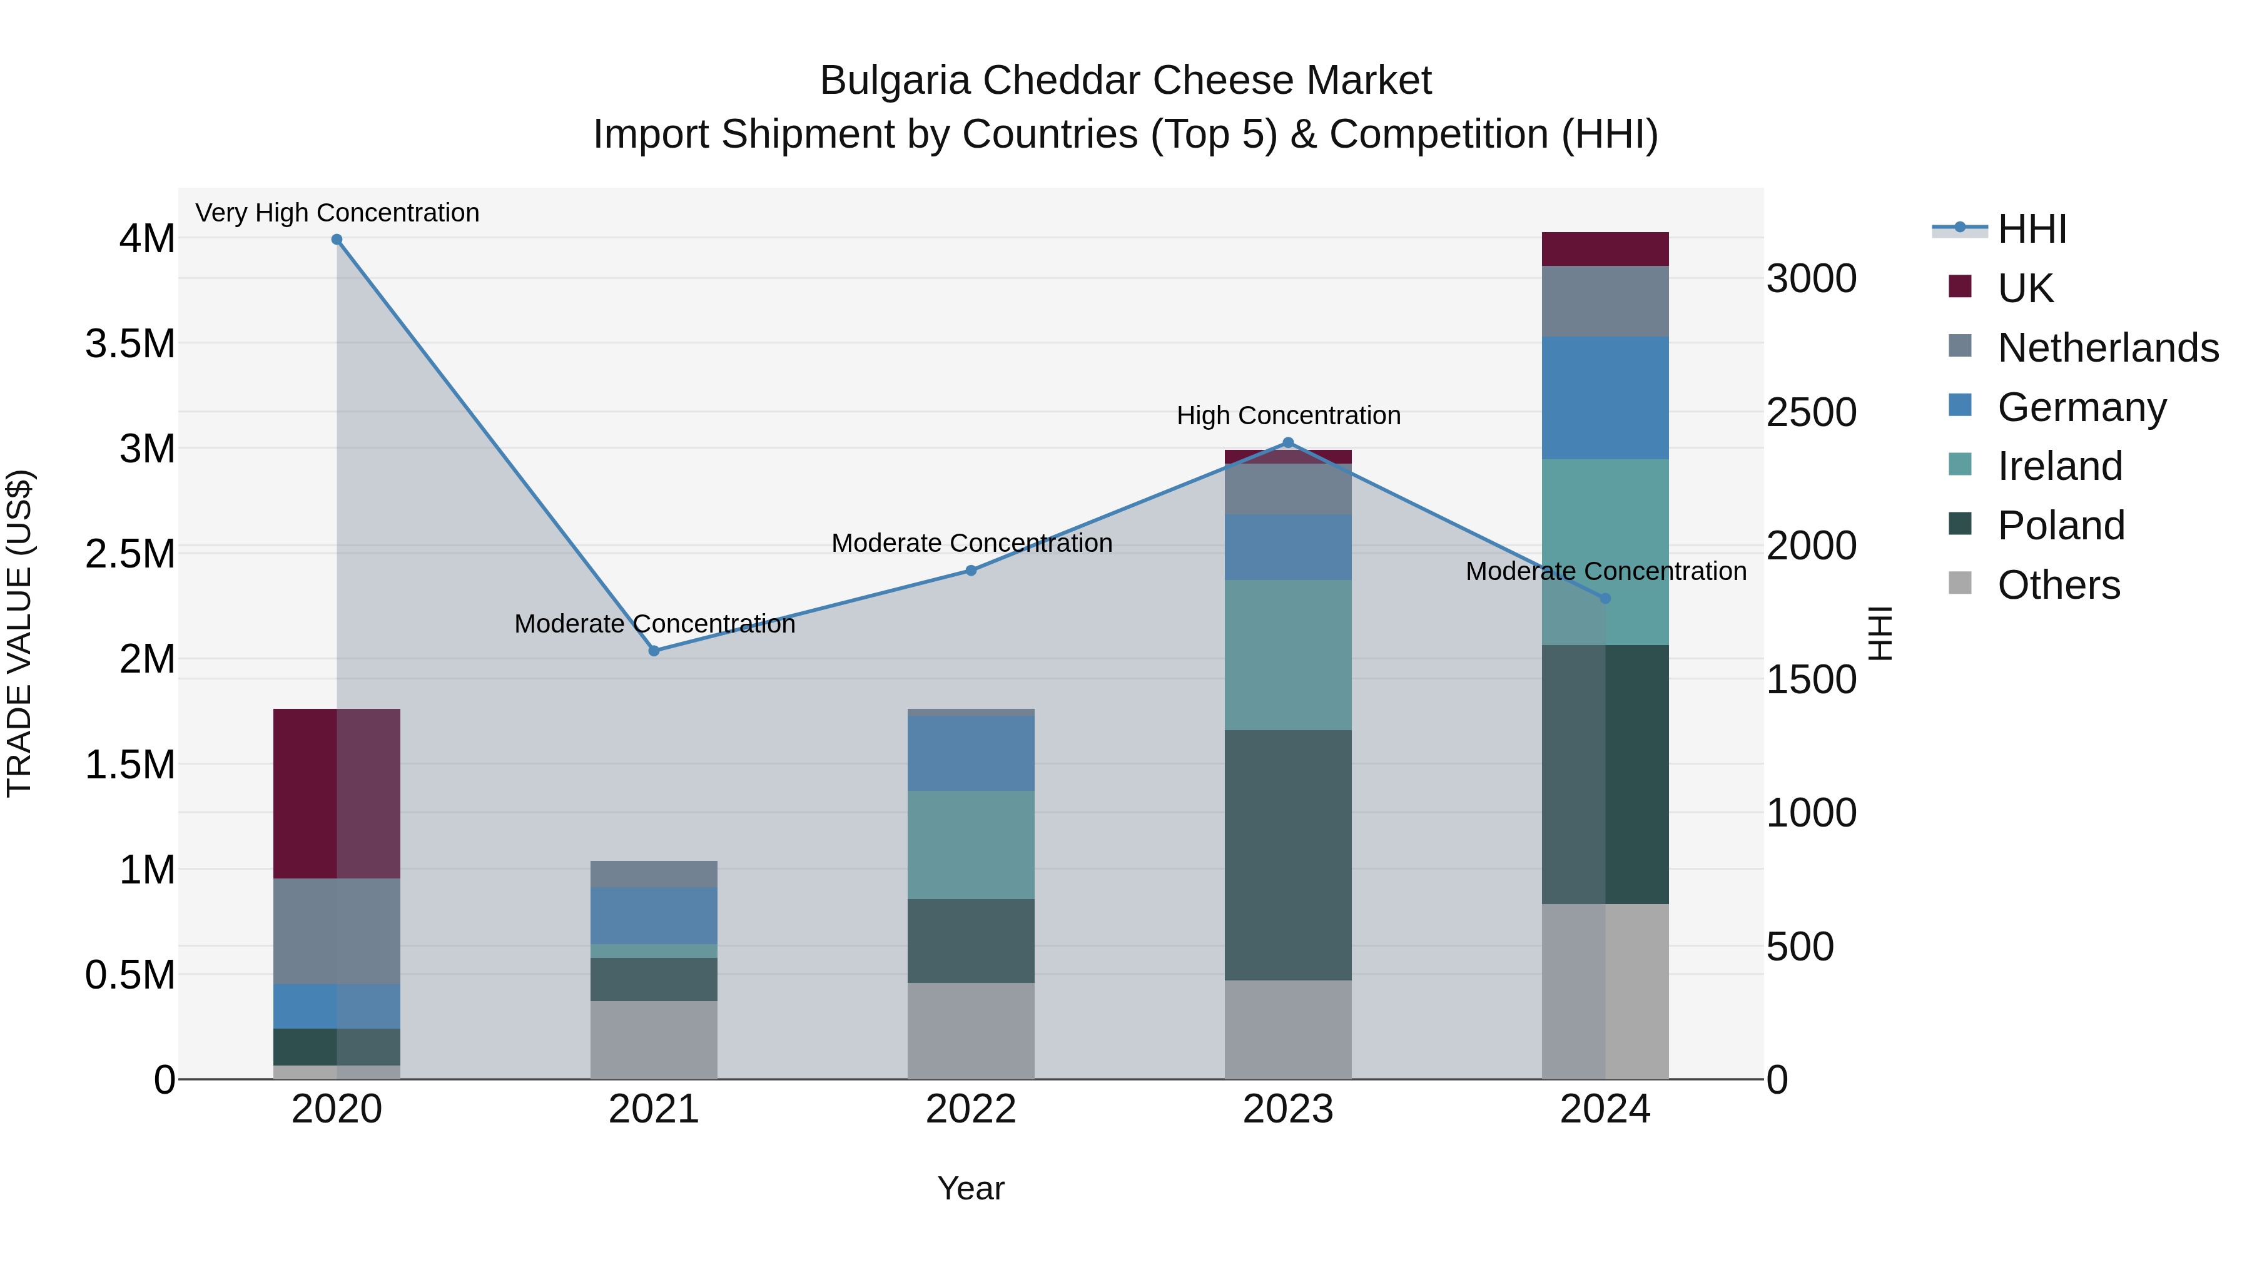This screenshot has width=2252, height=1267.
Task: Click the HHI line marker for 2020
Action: coord(337,240)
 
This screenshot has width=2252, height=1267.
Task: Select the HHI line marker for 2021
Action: coord(654,651)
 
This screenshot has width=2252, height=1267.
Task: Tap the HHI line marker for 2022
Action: coord(970,570)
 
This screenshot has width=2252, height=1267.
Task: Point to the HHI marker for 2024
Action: coord(1605,598)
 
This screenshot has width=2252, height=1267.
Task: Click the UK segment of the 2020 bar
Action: coord(337,793)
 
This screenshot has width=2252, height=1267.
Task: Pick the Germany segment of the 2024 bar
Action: coord(1605,398)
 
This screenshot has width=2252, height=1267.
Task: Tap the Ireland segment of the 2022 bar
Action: coord(970,845)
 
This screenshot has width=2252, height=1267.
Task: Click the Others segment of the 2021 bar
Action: coord(654,1040)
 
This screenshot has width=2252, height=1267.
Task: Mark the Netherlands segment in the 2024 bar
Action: coord(1605,302)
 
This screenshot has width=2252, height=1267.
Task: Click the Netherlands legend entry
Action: coord(2107,348)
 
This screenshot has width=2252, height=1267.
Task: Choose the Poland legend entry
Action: coord(2060,526)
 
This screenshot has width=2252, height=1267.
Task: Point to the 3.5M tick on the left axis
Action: coord(130,343)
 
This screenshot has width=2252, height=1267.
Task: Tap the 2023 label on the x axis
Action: coord(1288,1109)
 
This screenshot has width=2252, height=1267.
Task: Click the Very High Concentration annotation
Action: coord(337,213)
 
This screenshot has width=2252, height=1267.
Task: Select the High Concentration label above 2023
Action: coord(1288,415)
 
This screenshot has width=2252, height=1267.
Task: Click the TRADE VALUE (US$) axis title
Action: coord(19,633)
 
